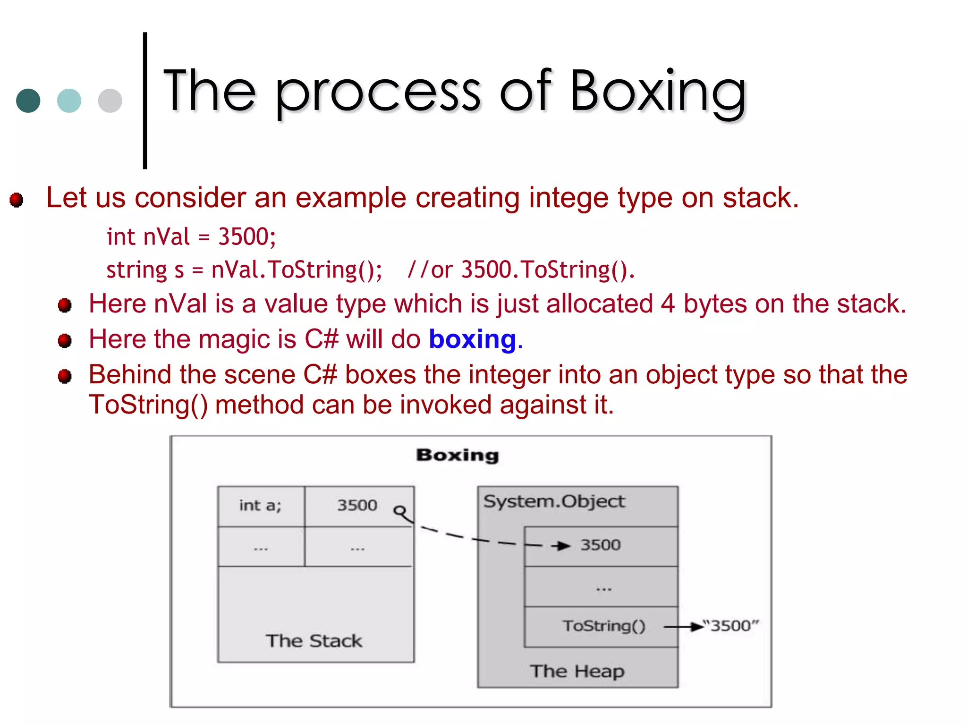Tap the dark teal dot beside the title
[28, 101]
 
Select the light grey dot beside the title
[110, 101]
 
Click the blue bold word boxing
[473, 340]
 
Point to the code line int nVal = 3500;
[191, 236]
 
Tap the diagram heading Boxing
[457, 455]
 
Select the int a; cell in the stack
[260, 506]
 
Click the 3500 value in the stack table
[357, 506]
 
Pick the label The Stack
[314, 641]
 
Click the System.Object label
[554, 501]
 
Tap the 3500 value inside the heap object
[600, 545]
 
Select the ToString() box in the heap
[603, 626]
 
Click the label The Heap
[577, 671]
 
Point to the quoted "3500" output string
[730, 626]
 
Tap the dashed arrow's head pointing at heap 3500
[562, 546]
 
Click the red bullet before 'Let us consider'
[17, 200]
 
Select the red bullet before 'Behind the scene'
[65, 377]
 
